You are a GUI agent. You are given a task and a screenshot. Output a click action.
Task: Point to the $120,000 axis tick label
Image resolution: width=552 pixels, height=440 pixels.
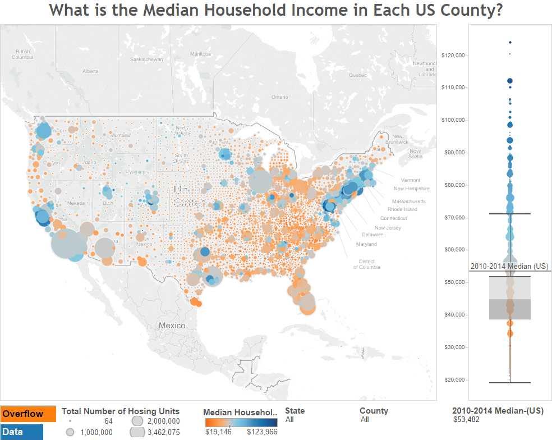pos(454,55)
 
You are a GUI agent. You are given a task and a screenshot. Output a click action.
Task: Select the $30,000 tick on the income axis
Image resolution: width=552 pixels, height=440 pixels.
pos(454,347)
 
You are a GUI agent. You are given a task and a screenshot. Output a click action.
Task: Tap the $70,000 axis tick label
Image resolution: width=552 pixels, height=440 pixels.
pos(454,217)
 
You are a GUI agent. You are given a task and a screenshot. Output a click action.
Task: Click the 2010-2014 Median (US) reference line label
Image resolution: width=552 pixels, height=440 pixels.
pos(509,266)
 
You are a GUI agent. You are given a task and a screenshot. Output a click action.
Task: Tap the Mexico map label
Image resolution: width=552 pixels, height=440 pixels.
pos(172,326)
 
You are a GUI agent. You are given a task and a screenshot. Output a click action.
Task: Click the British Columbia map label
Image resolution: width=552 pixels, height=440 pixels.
pos(22,54)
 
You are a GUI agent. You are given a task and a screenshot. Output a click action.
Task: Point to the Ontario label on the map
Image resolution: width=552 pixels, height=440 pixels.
pos(279,97)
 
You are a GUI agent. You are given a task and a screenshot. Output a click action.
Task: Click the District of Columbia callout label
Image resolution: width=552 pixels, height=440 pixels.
pos(366,264)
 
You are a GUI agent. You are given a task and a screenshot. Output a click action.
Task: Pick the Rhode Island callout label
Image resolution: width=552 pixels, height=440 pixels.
pos(402,209)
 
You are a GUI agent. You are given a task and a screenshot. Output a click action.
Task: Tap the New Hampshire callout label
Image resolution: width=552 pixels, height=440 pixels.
pos(411,189)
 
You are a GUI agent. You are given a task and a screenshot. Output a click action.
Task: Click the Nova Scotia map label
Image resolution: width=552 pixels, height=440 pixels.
pos(415,154)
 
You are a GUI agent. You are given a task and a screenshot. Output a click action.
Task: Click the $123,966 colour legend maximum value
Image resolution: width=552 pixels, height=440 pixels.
pos(262,432)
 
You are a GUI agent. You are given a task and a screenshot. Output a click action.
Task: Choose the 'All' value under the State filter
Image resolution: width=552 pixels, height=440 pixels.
pos(289,419)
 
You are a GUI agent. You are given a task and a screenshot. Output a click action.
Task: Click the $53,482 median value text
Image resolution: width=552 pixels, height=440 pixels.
pos(466,419)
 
